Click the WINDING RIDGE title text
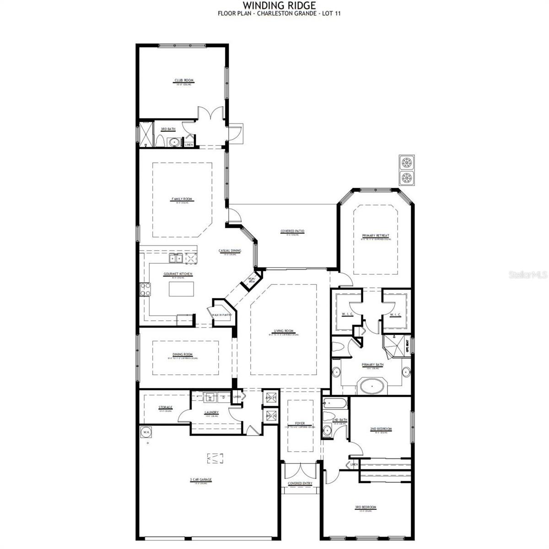279,5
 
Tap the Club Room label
183,81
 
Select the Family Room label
182,199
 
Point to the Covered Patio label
292,231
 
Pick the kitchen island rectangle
181,289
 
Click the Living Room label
283,331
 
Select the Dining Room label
183,355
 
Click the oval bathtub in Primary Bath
372,386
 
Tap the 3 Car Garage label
201,480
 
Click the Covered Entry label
300,484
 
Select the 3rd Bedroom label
366,507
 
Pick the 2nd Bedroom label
381,429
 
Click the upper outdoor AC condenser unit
406,162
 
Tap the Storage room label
165,407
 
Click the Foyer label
300,424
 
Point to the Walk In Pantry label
222,315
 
